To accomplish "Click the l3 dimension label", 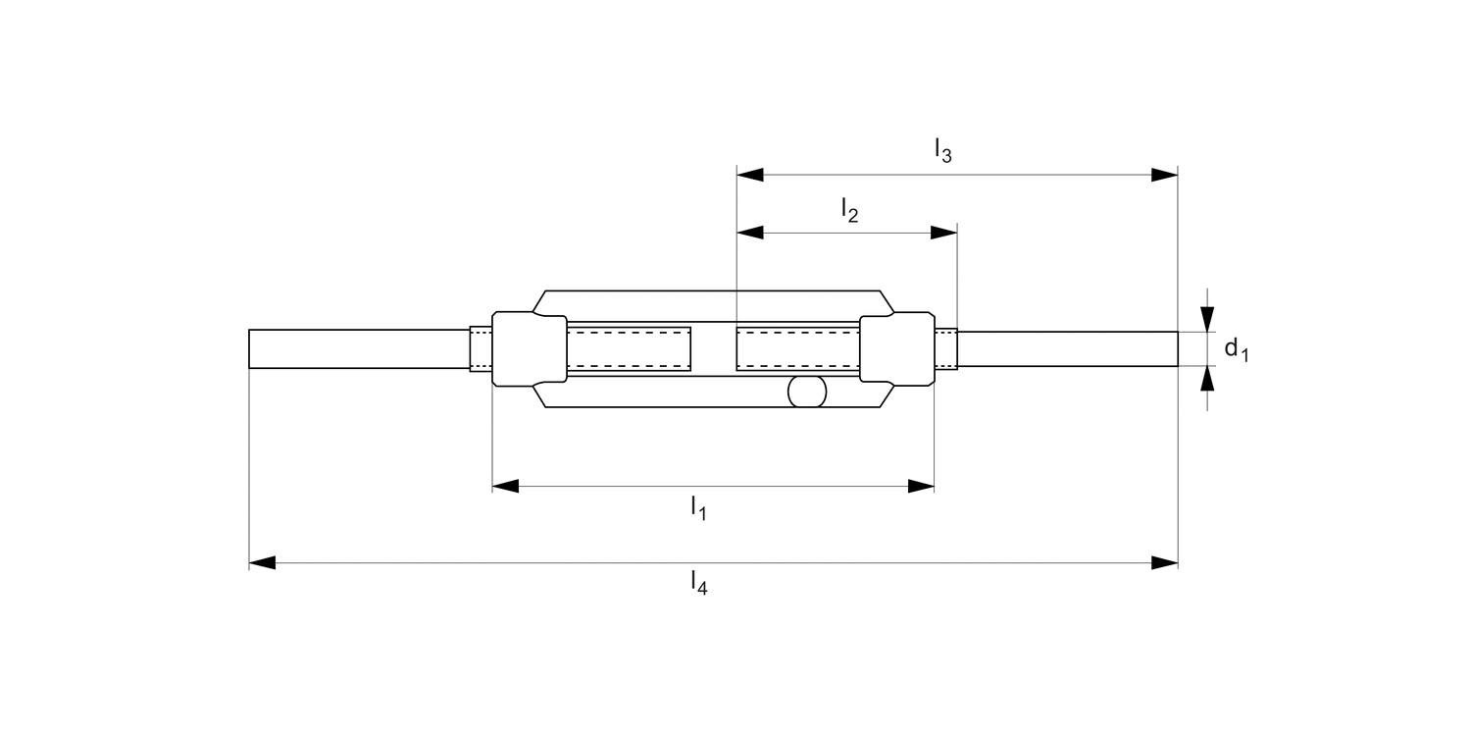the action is tap(942, 150).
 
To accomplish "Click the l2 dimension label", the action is tap(850, 210).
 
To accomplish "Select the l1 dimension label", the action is tap(698, 508).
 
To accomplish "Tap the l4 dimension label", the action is tap(698, 584).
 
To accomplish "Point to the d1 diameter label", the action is tap(1236, 347).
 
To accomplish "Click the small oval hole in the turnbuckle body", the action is tap(808, 392).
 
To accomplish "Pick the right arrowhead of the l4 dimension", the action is tap(1164, 563).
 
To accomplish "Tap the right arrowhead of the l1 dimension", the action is tap(921, 486).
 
